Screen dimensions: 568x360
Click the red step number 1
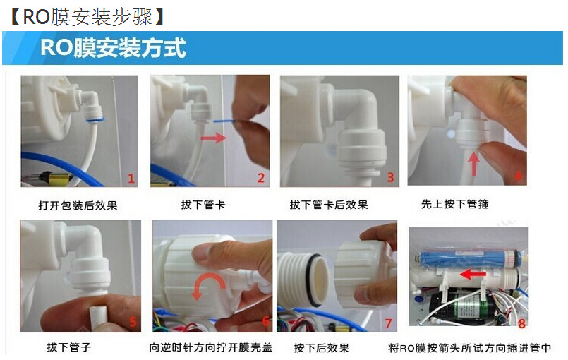coord(131,179)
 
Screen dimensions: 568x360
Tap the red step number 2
coord(261,178)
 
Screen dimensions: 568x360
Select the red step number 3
coord(390,177)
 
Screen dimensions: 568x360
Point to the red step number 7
coord(388,323)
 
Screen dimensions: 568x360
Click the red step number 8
coord(521,323)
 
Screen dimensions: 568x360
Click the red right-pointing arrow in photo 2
coord(214,138)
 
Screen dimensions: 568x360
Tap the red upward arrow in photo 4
coord(473,163)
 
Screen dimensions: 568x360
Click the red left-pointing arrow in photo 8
coord(473,274)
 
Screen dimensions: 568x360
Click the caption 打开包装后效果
coord(78,205)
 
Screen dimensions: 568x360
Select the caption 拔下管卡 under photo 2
coord(203,205)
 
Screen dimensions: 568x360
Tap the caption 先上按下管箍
coord(455,204)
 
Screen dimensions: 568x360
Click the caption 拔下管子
coord(69,347)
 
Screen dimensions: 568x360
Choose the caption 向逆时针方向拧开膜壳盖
coord(211,347)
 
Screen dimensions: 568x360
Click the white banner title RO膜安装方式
coord(113,48)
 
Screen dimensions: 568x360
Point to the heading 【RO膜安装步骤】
coord(87,17)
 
